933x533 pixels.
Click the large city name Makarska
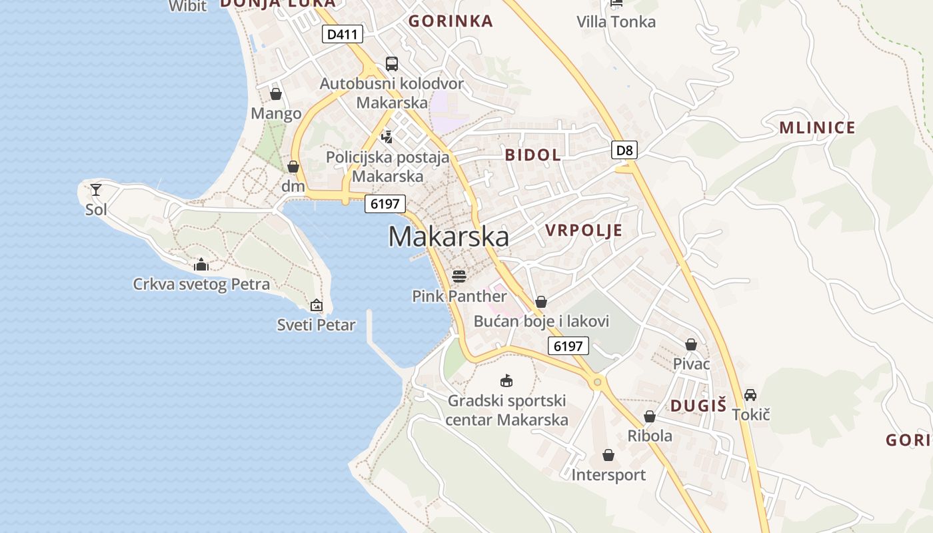click(449, 237)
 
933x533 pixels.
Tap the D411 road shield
click(343, 34)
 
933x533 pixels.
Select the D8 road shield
click(624, 150)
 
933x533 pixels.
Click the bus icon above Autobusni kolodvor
click(392, 64)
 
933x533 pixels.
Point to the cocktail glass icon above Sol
click(96, 190)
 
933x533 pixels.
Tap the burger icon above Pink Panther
click(459, 276)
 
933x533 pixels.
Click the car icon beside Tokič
click(750, 394)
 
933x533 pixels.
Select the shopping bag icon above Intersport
click(608, 455)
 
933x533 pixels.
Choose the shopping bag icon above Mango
click(276, 94)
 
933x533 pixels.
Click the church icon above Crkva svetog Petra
click(201, 265)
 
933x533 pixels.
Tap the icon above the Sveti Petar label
click(317, 305)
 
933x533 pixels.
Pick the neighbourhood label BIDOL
click(532, 155)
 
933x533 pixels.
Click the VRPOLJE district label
click(584, 231)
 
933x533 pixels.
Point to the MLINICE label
click(817, 128)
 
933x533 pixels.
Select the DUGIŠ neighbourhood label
click(698, 406)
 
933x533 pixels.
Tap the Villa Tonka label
click(616, 22)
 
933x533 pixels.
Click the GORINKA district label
click(451, 21)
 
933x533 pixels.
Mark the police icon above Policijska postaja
click(387, 137)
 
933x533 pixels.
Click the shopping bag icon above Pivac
click(691, 344)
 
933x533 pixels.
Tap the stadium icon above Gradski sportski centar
click(506, 380)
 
